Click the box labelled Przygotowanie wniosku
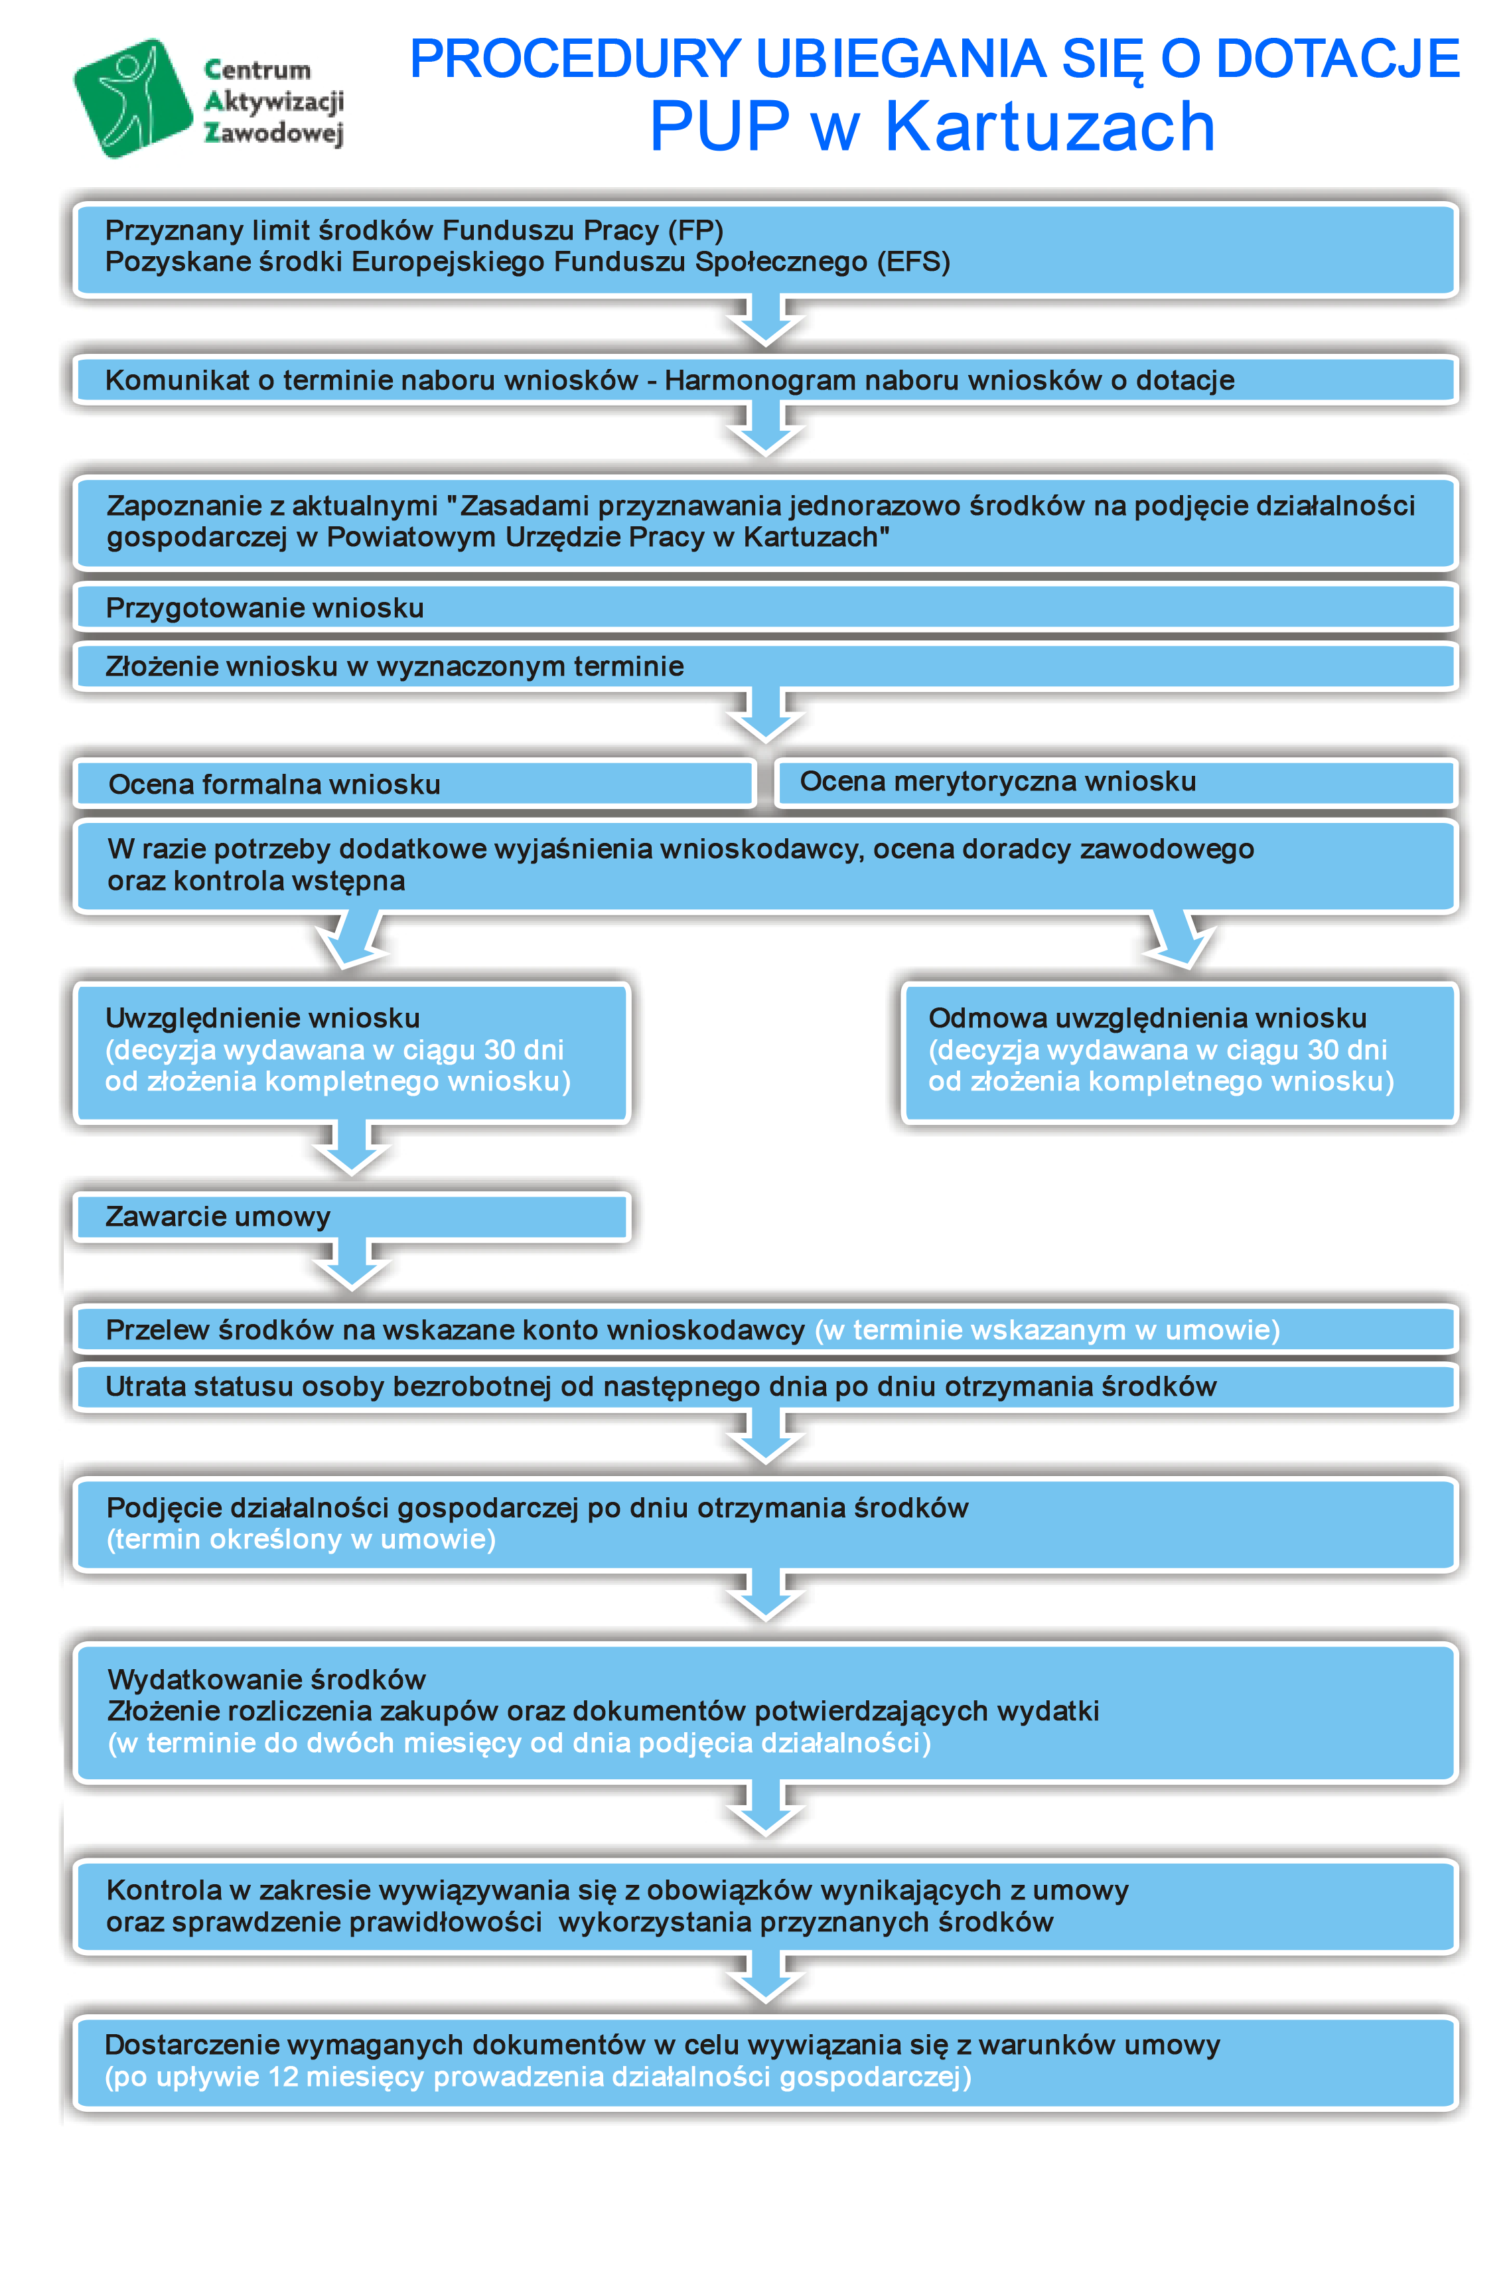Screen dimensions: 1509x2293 coord(765,607)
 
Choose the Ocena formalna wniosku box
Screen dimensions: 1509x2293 coord(414,783)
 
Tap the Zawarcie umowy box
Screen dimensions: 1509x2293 coord(352,1217)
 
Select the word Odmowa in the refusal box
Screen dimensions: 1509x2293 coord(987,1017)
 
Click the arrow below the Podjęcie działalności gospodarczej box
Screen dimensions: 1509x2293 coord(765,1595)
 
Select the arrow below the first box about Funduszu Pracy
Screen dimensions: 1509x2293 coord(765,321)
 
